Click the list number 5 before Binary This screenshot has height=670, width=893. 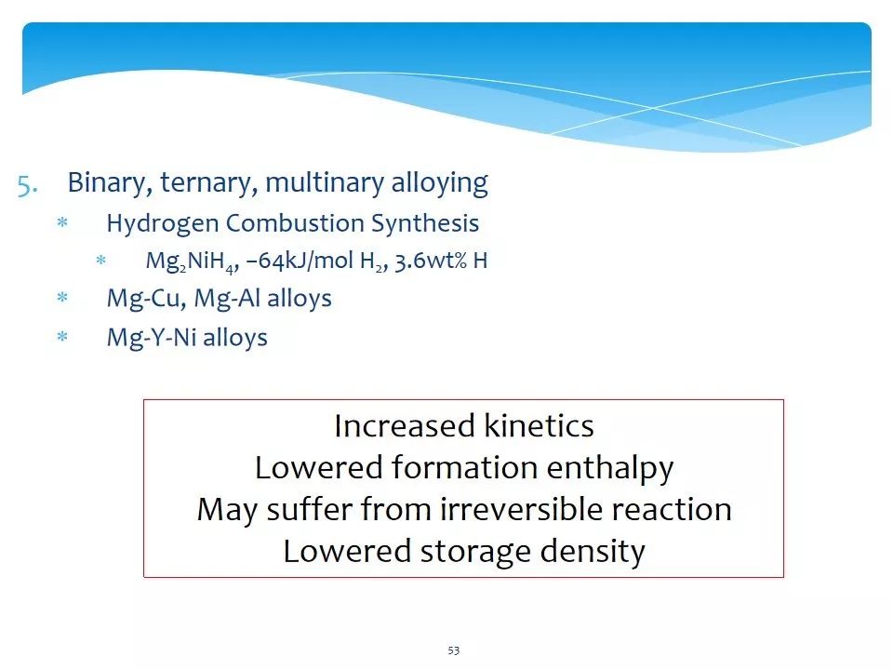[x=27, y=185]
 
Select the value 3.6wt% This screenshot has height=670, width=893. [x=431, y=261]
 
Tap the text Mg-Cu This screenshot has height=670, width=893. [x=146, y=299]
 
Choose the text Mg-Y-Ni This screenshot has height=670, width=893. [x=152, y=338]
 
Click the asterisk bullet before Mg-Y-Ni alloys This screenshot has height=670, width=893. [x=62, y=337]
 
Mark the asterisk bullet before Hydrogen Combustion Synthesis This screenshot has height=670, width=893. [x=62, y=222]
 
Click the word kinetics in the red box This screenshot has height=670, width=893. [x=539, y=425]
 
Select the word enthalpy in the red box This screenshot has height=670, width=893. [x=610, y=468]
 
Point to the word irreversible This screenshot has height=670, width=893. [x=521, y=509]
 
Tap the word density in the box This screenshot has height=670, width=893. [x=593, y=552]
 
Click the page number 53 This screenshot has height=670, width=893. [x=453, y=650]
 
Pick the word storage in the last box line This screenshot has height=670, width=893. [x=475, y=552]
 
